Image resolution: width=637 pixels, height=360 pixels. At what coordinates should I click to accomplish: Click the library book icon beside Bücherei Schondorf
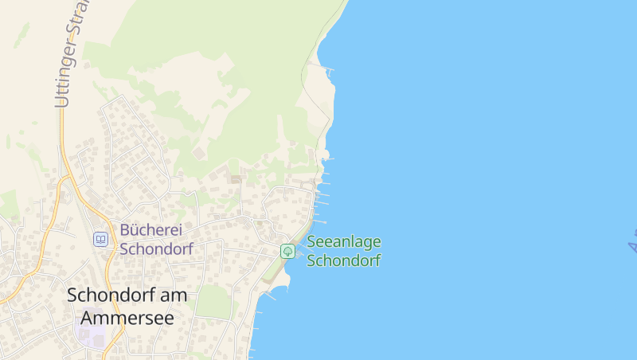coord(100,239)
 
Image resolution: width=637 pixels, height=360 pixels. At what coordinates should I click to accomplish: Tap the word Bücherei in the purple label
coord(151,230)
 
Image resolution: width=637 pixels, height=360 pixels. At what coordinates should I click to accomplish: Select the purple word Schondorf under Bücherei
coord(156,248)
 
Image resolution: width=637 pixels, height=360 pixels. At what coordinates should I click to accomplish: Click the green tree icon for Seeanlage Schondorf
coord(287,251)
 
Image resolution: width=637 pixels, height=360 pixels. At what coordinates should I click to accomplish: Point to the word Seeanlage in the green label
coord(344,242)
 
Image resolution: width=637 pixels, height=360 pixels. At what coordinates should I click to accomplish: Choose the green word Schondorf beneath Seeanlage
coord(343,260)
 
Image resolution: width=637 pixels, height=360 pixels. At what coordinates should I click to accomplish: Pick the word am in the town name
coord(175,295)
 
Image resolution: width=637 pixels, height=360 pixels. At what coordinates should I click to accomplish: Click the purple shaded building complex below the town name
coord(89,331)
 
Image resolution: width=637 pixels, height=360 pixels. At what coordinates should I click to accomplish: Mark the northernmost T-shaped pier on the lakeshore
coord(329,71)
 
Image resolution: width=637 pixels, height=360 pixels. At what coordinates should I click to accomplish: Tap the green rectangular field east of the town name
coord(213,302)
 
